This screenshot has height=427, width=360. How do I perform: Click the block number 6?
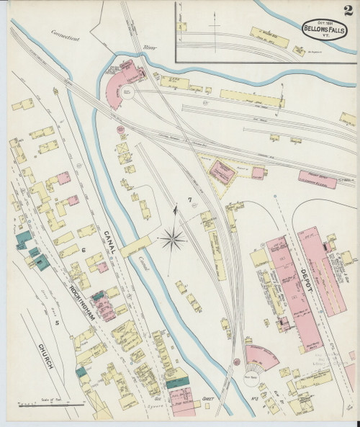pos(84,250)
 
